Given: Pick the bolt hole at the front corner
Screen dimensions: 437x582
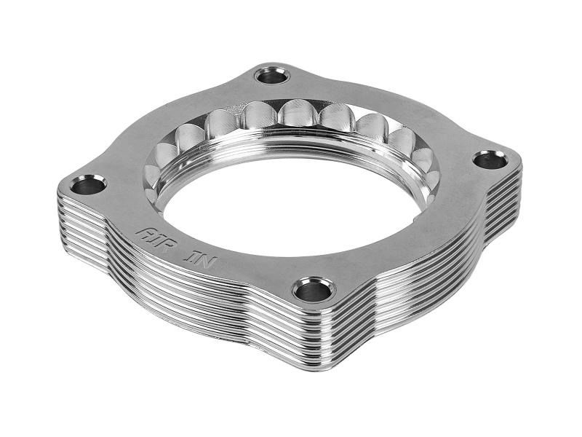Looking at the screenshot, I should click(x=313, y=289).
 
